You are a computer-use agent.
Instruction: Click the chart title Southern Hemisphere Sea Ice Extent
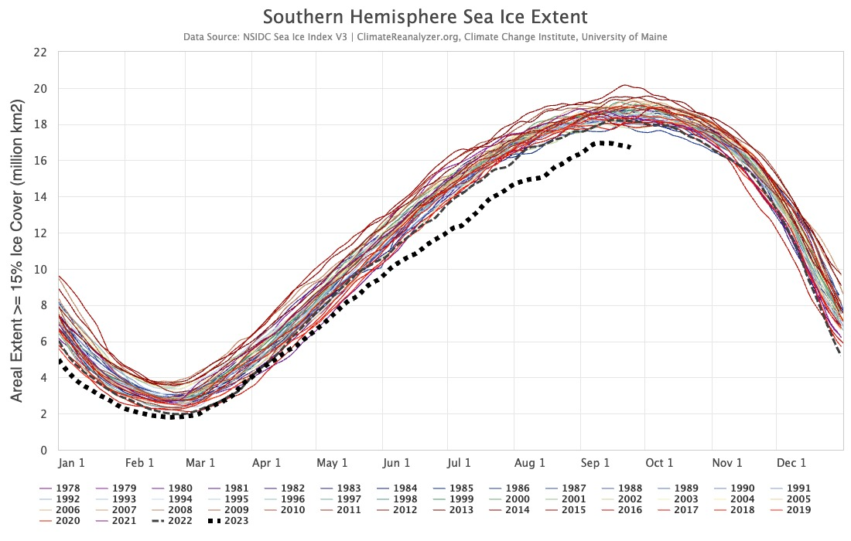point(425,17)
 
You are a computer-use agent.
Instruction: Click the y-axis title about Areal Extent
point(17,250)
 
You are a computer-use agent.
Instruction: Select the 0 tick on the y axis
point(43,450)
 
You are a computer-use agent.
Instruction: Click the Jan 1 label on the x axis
point(72,463)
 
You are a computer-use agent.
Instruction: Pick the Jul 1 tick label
point(459,463)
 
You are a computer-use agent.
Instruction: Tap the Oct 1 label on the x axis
point(659,463)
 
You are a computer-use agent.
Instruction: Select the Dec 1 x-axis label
point(791,463)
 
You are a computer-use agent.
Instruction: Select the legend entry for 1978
point(63,488)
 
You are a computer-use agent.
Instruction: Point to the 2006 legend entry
point(63,510)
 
